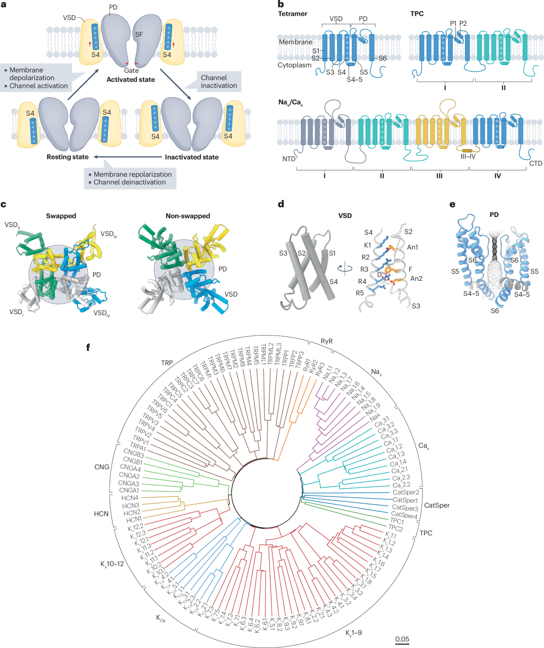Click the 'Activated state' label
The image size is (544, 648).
(x=131, y=80)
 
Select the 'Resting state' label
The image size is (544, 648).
(x=68, y=157)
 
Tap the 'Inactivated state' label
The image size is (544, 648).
(x=191, y=157)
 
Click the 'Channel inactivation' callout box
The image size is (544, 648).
(x=219, y=82)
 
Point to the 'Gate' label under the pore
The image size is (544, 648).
(x=131, y=71)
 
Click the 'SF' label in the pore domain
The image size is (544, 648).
(x=139, y=34)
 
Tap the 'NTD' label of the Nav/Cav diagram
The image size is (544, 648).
(x=289, y=159)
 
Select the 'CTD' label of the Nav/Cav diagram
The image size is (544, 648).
(x=535, y=163)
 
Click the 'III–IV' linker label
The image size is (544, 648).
(x=468, y=157)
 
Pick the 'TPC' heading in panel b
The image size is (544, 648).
(x=417, y=14)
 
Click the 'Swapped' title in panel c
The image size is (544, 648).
(x=61, y=216)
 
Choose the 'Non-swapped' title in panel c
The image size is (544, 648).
(x=188, y=216)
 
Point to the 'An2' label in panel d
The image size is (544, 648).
(x=416, y=278)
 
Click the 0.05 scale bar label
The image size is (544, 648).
(x=402, y=639)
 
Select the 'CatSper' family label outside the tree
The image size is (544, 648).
(x=437, y=505)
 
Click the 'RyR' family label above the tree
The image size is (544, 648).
(x=326, y=341)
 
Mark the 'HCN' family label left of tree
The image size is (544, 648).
(x=101, y=514)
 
